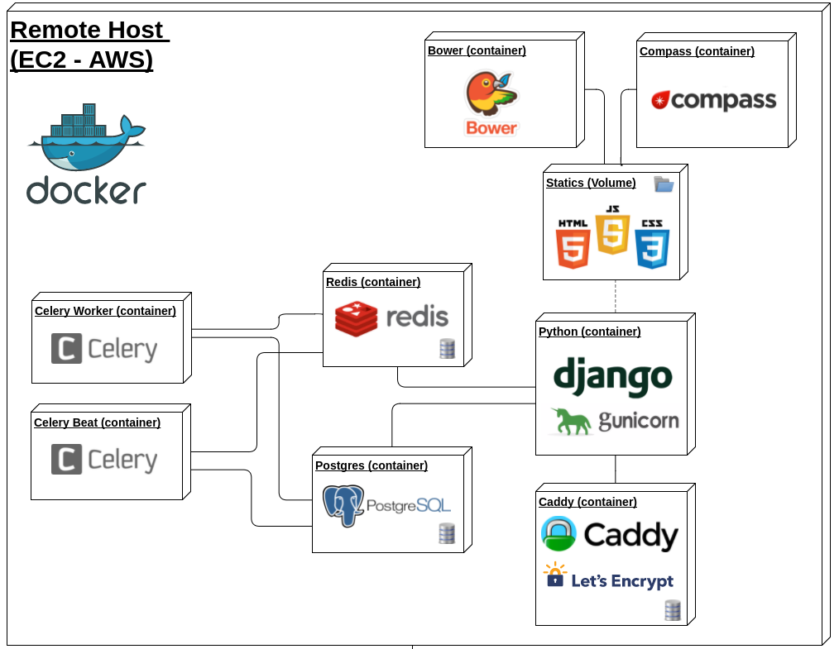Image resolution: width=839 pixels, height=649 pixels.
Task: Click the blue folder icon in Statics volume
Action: (664, 184)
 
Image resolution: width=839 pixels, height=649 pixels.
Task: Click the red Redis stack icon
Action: (356, 318)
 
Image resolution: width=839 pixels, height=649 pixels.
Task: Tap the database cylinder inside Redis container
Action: (448, 349)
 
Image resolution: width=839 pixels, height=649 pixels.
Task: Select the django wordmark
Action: (612, 377)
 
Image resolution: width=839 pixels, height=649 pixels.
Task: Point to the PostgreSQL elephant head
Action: (343, 505)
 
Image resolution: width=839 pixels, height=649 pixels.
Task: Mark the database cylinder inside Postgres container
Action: (447, 533)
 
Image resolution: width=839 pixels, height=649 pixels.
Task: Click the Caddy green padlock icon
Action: (559, 533)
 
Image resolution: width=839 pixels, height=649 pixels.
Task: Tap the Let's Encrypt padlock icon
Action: (555, 575)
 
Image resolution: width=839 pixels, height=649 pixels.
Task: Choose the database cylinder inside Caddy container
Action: (673, 610)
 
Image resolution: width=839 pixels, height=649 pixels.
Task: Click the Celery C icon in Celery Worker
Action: (66, 349)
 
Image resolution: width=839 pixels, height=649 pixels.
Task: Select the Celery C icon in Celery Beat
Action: (66, 459)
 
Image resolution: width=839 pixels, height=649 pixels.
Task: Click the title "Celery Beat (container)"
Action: (97, 422)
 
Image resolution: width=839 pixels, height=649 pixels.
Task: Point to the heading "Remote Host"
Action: (87, 30)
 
